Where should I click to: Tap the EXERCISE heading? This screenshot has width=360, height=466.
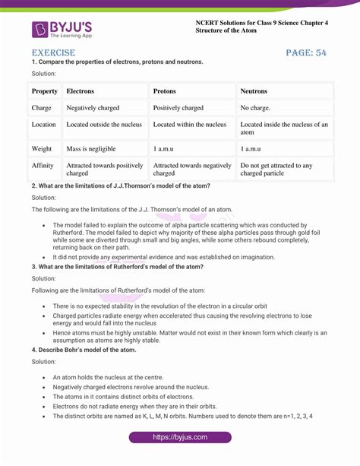(x=53, y=52)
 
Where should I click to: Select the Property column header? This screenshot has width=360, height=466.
(x=45, y=91)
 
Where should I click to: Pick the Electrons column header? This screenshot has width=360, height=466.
(x=81, y=91)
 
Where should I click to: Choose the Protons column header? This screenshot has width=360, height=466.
(x=165, y=91)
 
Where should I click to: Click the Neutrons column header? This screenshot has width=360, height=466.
(x=254, y=91)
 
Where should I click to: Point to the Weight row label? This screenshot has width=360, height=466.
(x=42, y=148)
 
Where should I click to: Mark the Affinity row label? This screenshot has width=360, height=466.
(x=43, y=165)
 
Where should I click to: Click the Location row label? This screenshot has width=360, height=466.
(x=43, y=124)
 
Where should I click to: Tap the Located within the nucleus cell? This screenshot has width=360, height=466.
(x=190, y=124)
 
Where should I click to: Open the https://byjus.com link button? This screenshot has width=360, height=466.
(x=181, y=438)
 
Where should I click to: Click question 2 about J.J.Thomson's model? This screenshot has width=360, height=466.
(x=121, y=185)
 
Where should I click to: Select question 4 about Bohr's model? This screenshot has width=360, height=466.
(x=84, y=350)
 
